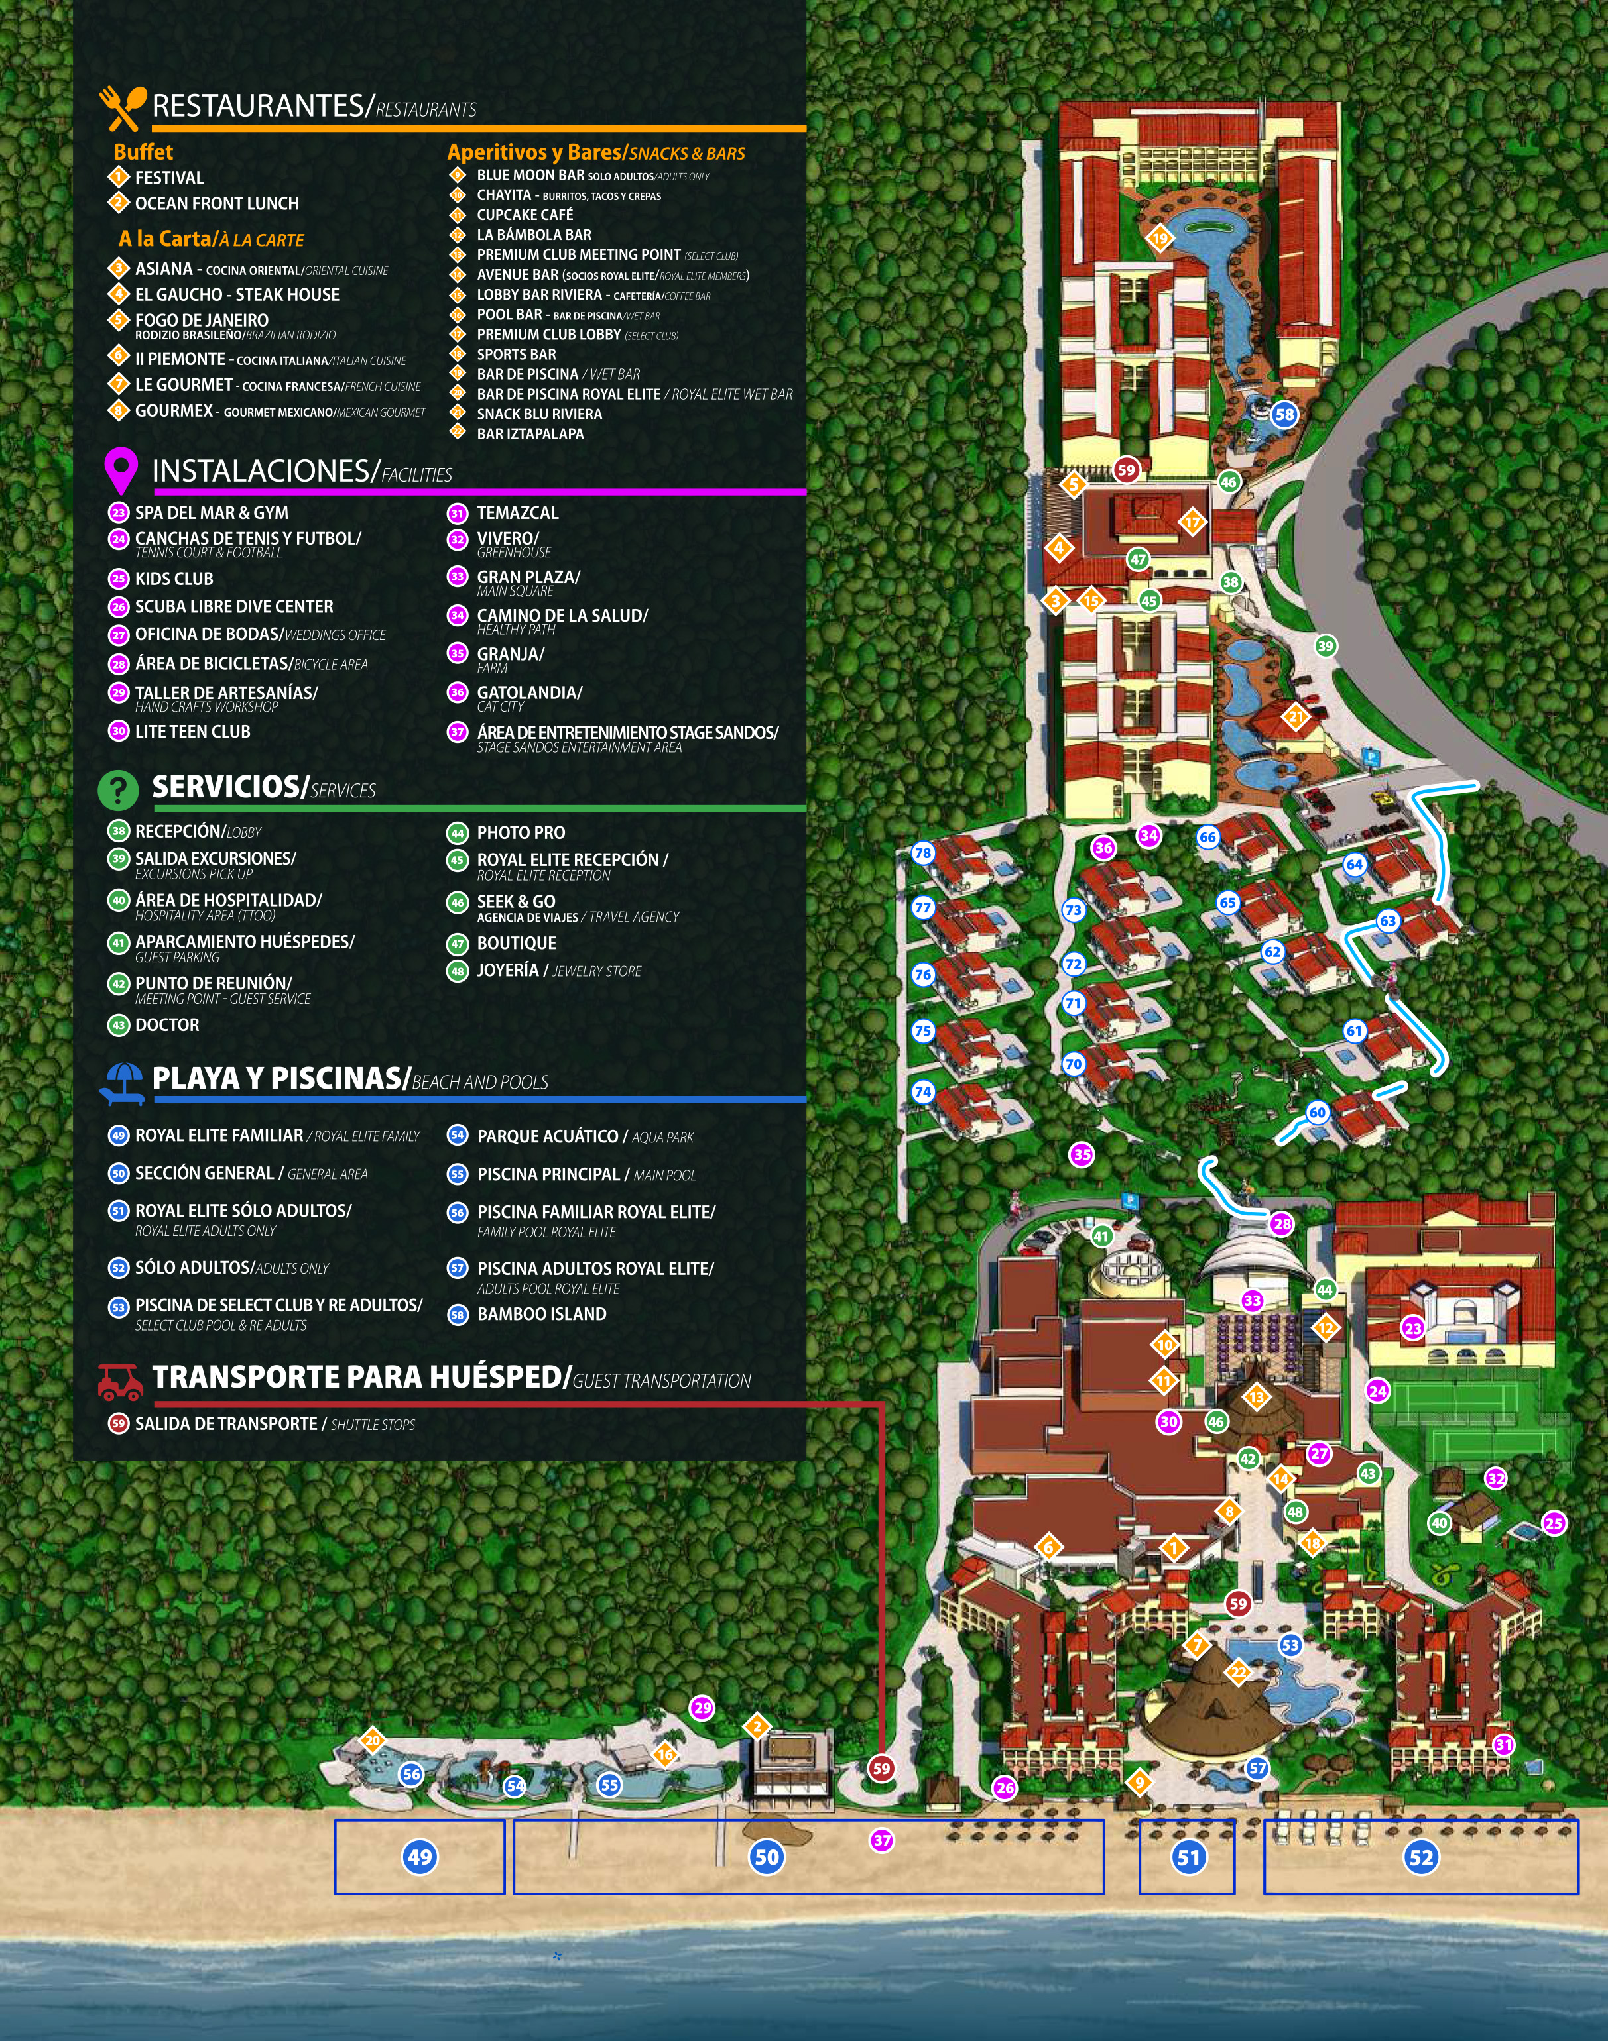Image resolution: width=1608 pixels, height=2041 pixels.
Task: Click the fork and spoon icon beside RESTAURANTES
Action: [123, 108]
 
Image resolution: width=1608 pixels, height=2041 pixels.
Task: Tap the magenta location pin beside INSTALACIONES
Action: [121, 470]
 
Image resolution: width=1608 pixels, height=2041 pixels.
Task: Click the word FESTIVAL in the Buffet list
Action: [170, 178]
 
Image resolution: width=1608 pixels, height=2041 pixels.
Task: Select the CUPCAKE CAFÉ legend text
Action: [525, 215]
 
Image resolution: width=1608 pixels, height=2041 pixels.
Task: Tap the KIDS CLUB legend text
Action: [174, 579]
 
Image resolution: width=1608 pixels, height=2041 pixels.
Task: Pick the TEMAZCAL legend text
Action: [517, 513]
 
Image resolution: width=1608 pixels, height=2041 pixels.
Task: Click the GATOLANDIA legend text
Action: [529, 692]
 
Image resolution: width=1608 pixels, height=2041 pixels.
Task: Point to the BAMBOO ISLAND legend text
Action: [541, 1315]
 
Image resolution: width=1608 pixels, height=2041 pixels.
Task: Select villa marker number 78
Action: [922, 854]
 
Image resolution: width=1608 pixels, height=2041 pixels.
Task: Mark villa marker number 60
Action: [1317, 1112]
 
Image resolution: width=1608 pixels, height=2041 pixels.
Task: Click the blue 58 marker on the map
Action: [1284, 414]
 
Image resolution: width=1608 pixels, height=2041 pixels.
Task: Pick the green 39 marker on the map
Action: [1326, 645]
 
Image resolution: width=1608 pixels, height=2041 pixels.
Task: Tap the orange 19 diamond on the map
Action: [1160, 238]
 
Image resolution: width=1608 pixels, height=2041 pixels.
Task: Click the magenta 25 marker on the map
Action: [1554, 1523]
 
